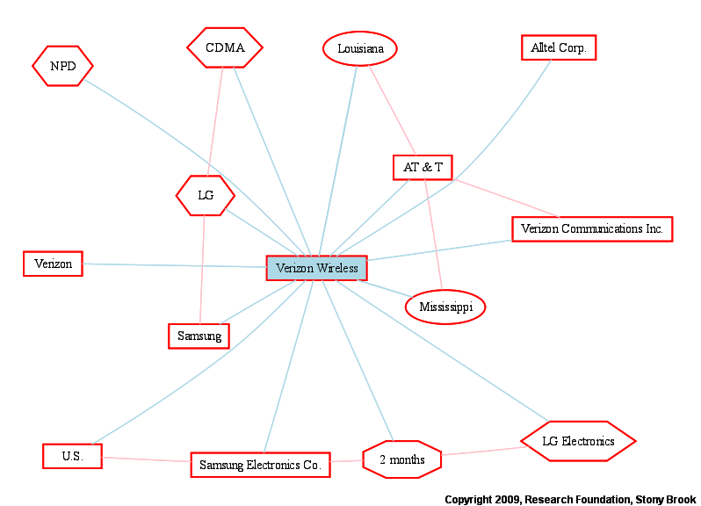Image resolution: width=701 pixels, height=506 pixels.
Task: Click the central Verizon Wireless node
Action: click(316, 268)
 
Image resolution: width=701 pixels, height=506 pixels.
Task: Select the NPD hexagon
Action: click(62, 66)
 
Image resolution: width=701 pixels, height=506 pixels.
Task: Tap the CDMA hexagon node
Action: click(225, 47)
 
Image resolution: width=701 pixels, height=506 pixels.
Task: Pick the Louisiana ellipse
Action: click(360, 48)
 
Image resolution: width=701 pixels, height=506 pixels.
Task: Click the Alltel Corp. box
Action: click(559, 47)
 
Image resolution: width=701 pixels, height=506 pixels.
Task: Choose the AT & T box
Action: click(423, 168)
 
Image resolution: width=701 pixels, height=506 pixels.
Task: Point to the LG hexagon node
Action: click(206, 195)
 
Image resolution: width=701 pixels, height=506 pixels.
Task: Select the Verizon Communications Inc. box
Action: click(592, 229)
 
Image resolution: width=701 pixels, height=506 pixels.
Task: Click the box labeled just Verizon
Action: click(54, 264)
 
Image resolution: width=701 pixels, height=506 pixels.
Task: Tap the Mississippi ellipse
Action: click(445, 307)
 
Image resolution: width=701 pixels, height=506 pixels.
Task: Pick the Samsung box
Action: click(199, 336)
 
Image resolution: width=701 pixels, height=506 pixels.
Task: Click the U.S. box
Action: click(72, 457)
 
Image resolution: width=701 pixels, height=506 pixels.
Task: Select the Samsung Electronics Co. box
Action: click(261, 465)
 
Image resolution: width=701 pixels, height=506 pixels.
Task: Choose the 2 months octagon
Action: click(402, 459)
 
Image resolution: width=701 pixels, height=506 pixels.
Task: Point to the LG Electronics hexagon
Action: click(579, 441)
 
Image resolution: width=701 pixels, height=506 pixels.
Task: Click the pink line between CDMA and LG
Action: click(215, 121)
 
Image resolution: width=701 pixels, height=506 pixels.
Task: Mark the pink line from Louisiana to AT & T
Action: click(393, 111)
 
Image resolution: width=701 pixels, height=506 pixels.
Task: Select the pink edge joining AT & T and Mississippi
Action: click(433, 235)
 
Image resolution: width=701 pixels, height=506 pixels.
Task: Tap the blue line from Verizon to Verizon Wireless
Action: click(175, 265)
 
